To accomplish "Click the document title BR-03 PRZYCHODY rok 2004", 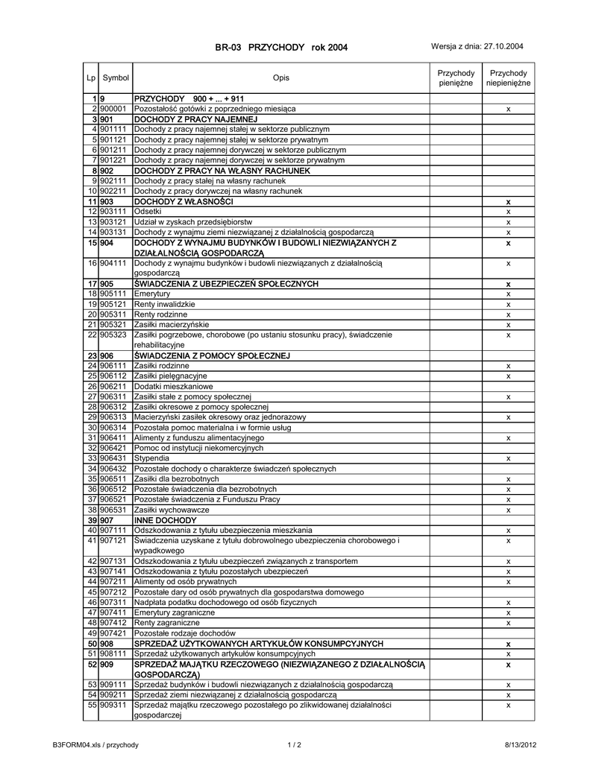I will pyautogui.click(x=281, y=48).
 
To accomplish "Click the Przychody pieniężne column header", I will pyautogui.click(x=456, y=78).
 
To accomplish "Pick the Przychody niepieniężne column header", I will pyautogui.click(x=508, y=78).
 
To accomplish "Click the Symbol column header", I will pyautogui.click(x=116, y=78).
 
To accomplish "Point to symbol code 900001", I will pyautogui.click(x=113, y=109).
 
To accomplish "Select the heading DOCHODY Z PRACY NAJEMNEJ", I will pyautogui.click(x=195, y=119).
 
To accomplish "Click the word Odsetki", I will pyautogui.click(x=147, y=212).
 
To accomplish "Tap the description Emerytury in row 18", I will pyautogui.click(x=152, y=294).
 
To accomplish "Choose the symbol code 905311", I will pyautogui.click(x=113, y=314).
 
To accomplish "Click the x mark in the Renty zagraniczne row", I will pyautogui.click(x=508, y=622).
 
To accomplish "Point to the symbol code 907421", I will pyautogui.click(x=113, y=633).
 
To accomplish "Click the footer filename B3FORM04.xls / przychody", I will pyautogui.click(x=95, y=744).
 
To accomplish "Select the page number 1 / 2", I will pyautogui.click(x=294, y=744).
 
